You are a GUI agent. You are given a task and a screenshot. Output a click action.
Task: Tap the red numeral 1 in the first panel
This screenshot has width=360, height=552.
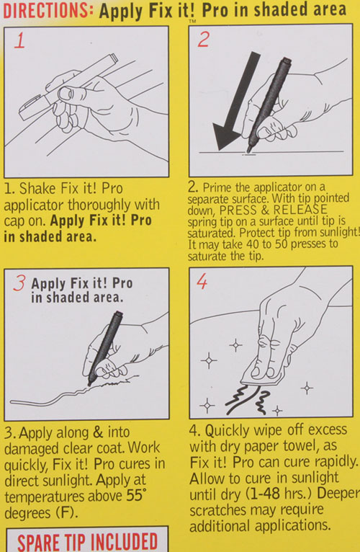pyautogui.click(x=19, y=40)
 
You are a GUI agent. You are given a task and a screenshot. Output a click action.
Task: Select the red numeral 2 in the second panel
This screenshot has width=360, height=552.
pyautogui.click(x=204, y=39)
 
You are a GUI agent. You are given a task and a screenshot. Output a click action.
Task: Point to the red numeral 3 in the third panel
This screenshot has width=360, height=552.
pyautogui.click(x=19, y=283)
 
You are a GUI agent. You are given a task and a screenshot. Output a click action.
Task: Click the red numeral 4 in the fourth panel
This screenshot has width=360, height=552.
pyautogui.click(x=202, y=281)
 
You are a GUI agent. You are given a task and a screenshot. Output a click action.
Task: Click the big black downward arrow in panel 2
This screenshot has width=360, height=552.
pyautogui.click(x=235, y=102)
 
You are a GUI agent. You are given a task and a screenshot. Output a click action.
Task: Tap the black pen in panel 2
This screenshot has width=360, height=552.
pyautogui.click(x=269, y=105)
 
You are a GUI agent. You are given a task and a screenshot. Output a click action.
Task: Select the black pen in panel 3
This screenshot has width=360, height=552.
pyautogui.click(x=105, y=348)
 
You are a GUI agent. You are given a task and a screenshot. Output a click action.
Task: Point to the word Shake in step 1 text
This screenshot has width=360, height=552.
pyautogui.click(x=36, y=188)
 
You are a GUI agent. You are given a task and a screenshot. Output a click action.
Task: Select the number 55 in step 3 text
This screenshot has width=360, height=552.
pyautogui.click(x=134, y=495)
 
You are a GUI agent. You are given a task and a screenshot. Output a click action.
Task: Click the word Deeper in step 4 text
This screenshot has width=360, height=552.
pyautogui.click(x=338, y=494)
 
